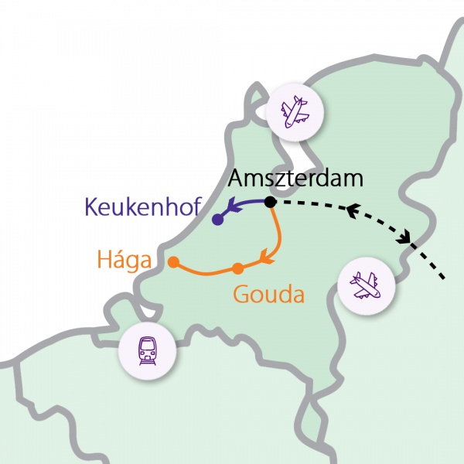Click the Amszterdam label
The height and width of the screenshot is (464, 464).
coord(296,181)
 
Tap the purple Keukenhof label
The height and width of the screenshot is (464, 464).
coord(143,207)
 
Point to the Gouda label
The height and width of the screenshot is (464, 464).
coord(268,295)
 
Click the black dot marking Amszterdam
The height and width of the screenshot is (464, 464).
coord(270,203)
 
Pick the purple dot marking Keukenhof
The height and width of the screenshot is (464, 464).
coord(217,220)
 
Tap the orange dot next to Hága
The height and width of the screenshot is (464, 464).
coord(173,261)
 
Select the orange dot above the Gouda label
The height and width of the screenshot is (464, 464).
coord(238,268)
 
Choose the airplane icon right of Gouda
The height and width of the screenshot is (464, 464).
coord(367,287)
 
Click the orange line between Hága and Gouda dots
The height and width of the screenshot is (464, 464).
coord(205,272)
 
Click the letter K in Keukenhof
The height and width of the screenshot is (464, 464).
coord(90,207)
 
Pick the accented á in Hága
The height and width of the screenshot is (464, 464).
coord(120,258)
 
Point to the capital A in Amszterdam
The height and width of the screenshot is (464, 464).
coord(236,181)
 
